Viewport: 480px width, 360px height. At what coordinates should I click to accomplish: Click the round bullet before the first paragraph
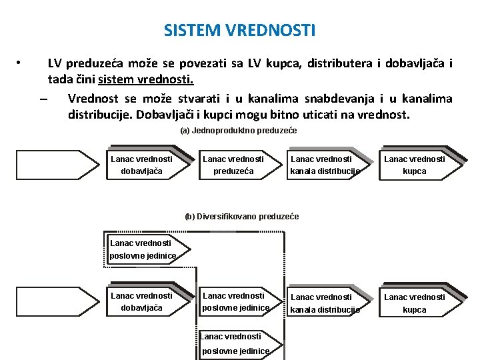pyautogui.click(x=20, y=64)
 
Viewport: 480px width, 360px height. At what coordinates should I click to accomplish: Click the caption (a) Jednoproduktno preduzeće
pyautogui.click(x=238, y=131)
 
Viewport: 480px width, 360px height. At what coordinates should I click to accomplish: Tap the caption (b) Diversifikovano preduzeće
pyautogui.click(x=241, y=217)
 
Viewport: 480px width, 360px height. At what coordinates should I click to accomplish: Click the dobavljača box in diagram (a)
pyautogui.click(x=141, y=165)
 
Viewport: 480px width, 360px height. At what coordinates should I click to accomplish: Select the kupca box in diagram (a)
pyautogui.click(x=414, y=165)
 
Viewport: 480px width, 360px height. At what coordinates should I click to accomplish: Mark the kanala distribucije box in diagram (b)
pyautogui.click(x=325, y=303)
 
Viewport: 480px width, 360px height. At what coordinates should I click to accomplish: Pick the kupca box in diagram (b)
pyautogui.click(x=414, y=303)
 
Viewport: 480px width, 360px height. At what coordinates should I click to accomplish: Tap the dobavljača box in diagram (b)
pyautogui.click(x=141, y=301)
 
